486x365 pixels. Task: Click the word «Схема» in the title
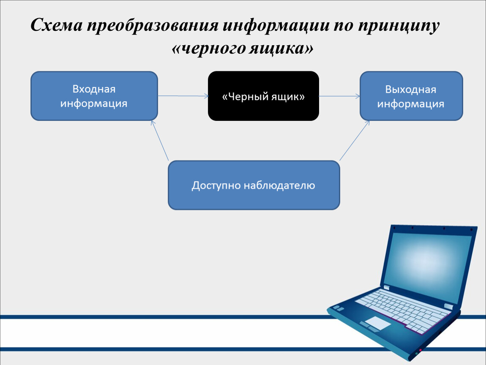coord(57,25)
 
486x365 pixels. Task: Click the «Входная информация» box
coord(94,96)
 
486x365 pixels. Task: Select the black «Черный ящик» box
coord(263,96)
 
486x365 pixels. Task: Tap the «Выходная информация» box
coord(411,96)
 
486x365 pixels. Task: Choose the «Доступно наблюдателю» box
coord(254,185)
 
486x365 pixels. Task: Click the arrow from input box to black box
coord(183,96)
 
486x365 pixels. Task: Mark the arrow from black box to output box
coord(339,96)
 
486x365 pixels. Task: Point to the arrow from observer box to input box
coord(160,140)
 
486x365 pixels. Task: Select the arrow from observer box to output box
coord(355,140)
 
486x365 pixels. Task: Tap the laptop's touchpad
coord(377,323)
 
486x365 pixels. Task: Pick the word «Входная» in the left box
coord(94,89)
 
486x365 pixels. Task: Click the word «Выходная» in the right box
coord(411,89)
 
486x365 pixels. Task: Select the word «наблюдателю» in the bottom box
coord(280,185)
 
